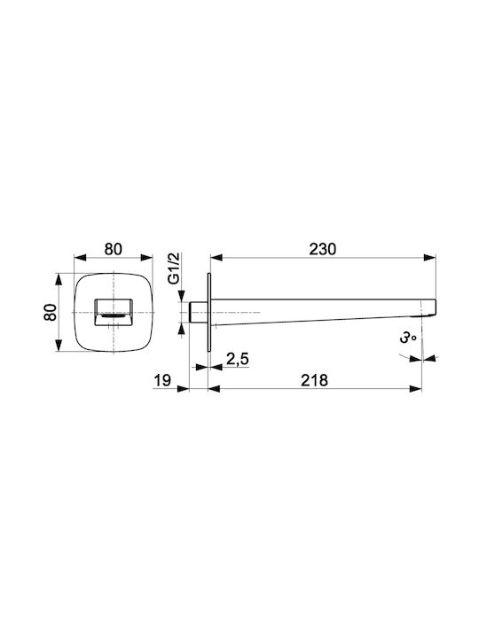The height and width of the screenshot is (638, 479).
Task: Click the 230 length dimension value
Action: coord(323,249)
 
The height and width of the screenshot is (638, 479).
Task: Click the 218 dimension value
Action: coord(314,380)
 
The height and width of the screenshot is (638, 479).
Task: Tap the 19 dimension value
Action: coord(162,381)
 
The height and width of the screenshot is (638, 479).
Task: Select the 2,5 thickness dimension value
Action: coord(237,359)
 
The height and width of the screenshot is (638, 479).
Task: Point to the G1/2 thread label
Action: coord(174,268)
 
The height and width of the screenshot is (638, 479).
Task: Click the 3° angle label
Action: coord(407,338)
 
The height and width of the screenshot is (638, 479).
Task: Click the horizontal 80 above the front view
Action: coord(113,249)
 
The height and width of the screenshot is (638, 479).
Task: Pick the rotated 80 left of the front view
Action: coord(51,312)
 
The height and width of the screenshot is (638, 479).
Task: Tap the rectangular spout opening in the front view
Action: coord(114,312)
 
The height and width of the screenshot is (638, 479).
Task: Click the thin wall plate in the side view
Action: coord(209,312)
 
